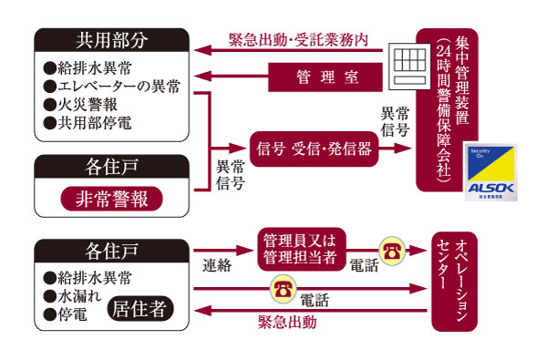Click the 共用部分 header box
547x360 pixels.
click(109, 41)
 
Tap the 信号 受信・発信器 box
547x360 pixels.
click(314, 149)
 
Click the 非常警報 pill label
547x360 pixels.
click(110, 198)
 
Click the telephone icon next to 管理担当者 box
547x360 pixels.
click(391, 249)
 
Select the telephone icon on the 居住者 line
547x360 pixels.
click(281, 291)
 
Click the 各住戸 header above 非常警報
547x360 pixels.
click(110, 168)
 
